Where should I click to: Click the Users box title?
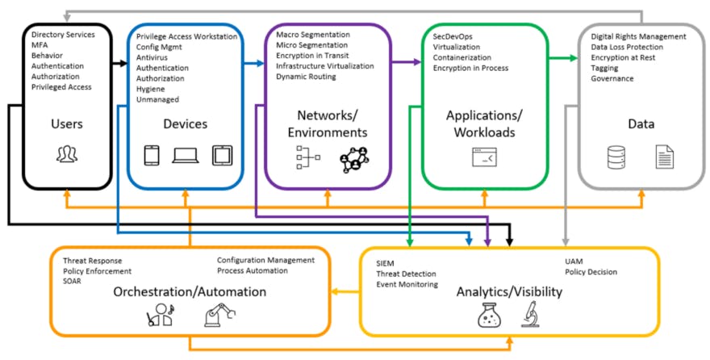(x=67, y=123)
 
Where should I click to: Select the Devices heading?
(x=184, y=123)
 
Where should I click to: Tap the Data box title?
(x=641, y=123)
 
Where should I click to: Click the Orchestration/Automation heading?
(x=190, y=291)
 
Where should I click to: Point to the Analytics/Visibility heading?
(x=509, y=291)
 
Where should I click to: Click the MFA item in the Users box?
(x=39, y=45)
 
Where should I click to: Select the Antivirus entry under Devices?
(x=152, y=58)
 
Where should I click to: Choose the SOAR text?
(x=73, y=281)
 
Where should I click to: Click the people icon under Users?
(x=67, y=154)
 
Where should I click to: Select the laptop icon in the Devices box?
(x=186, y=154)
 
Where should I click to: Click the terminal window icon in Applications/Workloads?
(x=485, y=157)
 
